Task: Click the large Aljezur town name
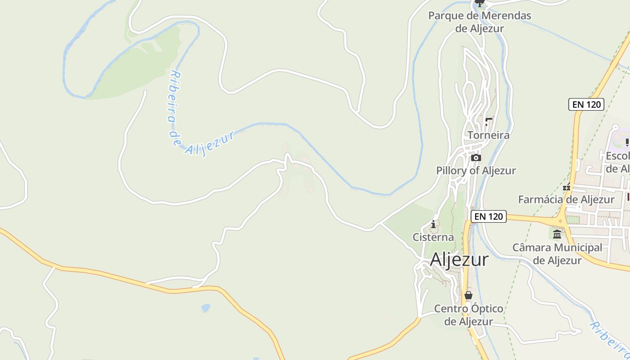point(459,260)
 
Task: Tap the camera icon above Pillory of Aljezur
point(476,157)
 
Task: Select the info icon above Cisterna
point(433,224)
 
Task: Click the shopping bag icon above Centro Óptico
point(468,296)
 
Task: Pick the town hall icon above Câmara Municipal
point(557,234)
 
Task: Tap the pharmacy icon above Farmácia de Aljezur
point(567,187)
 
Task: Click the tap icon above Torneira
point(488,121)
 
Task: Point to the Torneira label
point(488,135)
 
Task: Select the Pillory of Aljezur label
point(476,171)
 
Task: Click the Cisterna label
point(433,237)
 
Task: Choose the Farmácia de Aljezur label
point(566,199)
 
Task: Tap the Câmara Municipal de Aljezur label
point(557,254)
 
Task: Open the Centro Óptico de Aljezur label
point(468,315)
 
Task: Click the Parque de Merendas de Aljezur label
point(480,22)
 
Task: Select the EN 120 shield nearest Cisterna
point(489,216)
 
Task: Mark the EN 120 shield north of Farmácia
point(586,104)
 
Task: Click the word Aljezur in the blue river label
point(210,144)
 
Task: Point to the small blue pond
point(206,308)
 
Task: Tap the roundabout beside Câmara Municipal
point(561,221)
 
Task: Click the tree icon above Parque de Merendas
point(480,4)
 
